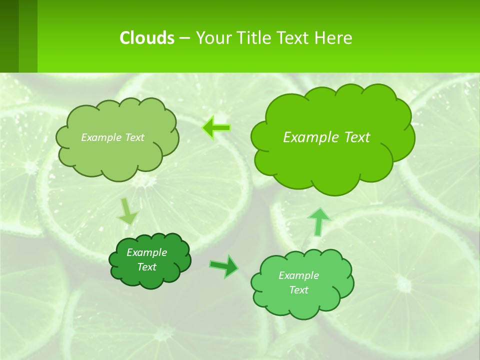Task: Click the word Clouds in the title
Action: [147, 37]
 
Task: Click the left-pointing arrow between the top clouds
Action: [216, 128]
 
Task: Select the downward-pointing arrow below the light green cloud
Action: [127, 211]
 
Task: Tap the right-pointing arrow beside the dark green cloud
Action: [224, 266]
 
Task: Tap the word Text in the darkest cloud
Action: [146, 267]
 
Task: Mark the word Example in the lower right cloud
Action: [298, 275]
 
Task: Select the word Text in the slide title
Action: [294, 37]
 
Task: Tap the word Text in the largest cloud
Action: [357, 137]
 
